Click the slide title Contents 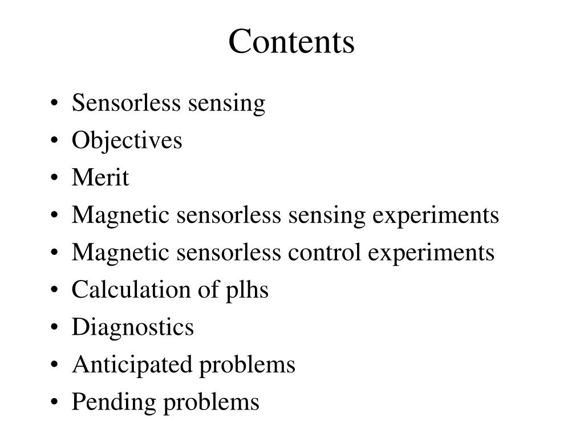tap(291, 42)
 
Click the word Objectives tap(127, 140)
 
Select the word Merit tap(100, 178)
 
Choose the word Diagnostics tap(132, 327)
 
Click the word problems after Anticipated tap(246, 364)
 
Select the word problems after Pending tap(211, 402)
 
